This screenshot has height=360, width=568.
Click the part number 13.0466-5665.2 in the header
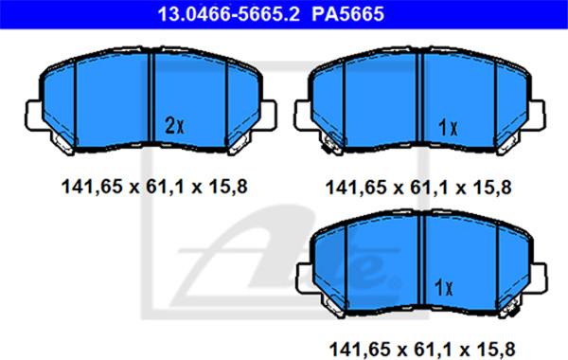click(x=228, y=14)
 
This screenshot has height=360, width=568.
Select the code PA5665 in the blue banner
click(x=347, y=14)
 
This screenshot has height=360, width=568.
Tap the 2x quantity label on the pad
click(x=174, y=125)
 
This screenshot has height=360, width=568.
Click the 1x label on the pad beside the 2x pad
click(x=448, y=128)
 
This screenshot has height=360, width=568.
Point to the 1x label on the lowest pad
click(x=444, y=288)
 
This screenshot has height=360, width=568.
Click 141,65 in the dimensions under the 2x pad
click(x=93, y=188)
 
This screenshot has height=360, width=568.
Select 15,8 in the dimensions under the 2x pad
click(x=228, y=187)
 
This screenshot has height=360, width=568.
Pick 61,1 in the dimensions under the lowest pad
click(x=430, y=351)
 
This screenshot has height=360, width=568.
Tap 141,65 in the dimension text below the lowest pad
click(x=360, y=351)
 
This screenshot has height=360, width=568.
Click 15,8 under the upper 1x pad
click(x=492, y=188)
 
